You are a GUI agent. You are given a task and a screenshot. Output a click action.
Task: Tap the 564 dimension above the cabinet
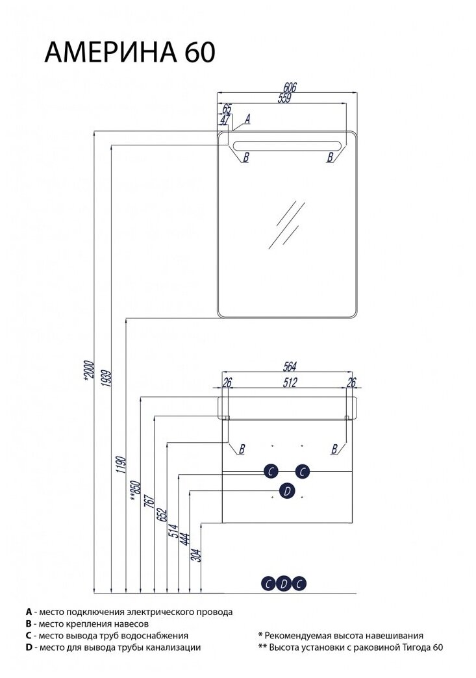point(290,366)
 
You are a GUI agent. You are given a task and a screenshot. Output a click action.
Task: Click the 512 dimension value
point(289,383)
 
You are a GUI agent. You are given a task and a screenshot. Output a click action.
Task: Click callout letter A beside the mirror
point(248,119)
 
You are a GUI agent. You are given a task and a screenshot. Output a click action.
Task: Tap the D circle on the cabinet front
point(286,492)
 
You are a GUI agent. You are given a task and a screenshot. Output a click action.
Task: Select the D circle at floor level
point(283,583)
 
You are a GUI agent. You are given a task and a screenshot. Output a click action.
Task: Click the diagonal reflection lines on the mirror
point(285,224)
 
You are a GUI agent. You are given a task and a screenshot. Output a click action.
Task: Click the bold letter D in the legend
point(29,647)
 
